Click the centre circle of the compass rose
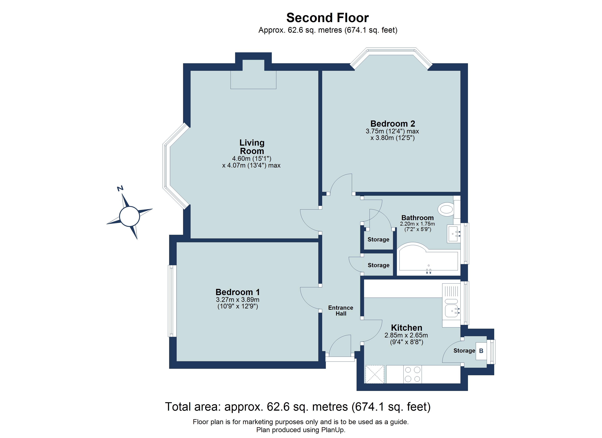click(x=130, y=216)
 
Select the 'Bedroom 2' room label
click(x=392, y=124)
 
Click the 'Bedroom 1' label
click(x=238, y=292)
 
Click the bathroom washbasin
click(x=453, y=234)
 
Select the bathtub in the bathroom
click(x=428, y=260)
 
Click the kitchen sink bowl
click(x=451, y=311)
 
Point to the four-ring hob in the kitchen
click(x=412, y=374)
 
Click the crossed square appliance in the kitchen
click(x=375, y=374)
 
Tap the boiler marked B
click(x=481, y=351)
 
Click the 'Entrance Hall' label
click(x=341, y=310)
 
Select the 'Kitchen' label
click(x=406, y=328)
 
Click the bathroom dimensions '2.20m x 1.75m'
click(x=417, y=224)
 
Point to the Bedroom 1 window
click(x=173, y=301)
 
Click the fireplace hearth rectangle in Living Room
click(x=253, y=80)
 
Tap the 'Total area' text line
click(x=298, y=407)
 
